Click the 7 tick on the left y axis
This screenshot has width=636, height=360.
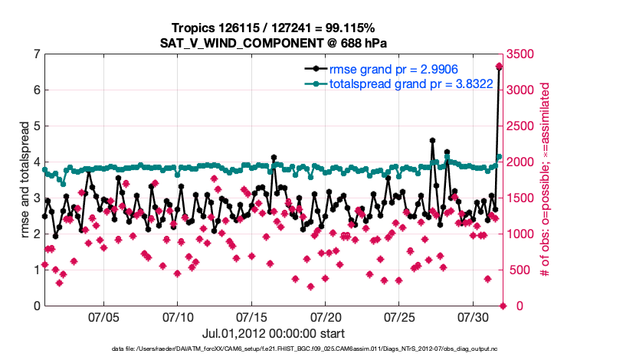36,54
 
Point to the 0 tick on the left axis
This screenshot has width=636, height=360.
36,306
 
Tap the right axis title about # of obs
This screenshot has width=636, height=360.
545,180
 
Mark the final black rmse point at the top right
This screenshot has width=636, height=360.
499,67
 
